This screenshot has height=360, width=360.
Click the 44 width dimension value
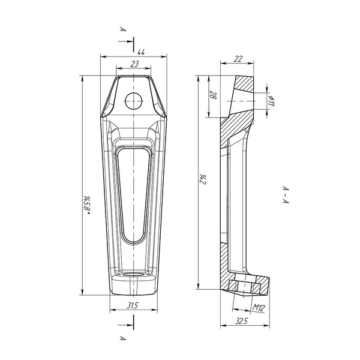coord(141,52)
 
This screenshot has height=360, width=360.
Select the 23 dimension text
coord(134,64)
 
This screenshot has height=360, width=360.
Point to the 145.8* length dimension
coord(86,205)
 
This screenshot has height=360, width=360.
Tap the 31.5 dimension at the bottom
coord(133,305)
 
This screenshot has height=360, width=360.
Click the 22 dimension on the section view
coord(238,59)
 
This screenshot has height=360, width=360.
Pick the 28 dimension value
coord(214,95)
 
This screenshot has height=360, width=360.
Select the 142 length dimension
coord(203,179)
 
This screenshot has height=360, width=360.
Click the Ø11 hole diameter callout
coord(271,101)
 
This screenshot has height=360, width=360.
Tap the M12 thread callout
coord(259,307)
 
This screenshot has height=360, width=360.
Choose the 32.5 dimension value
coord(241,321)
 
